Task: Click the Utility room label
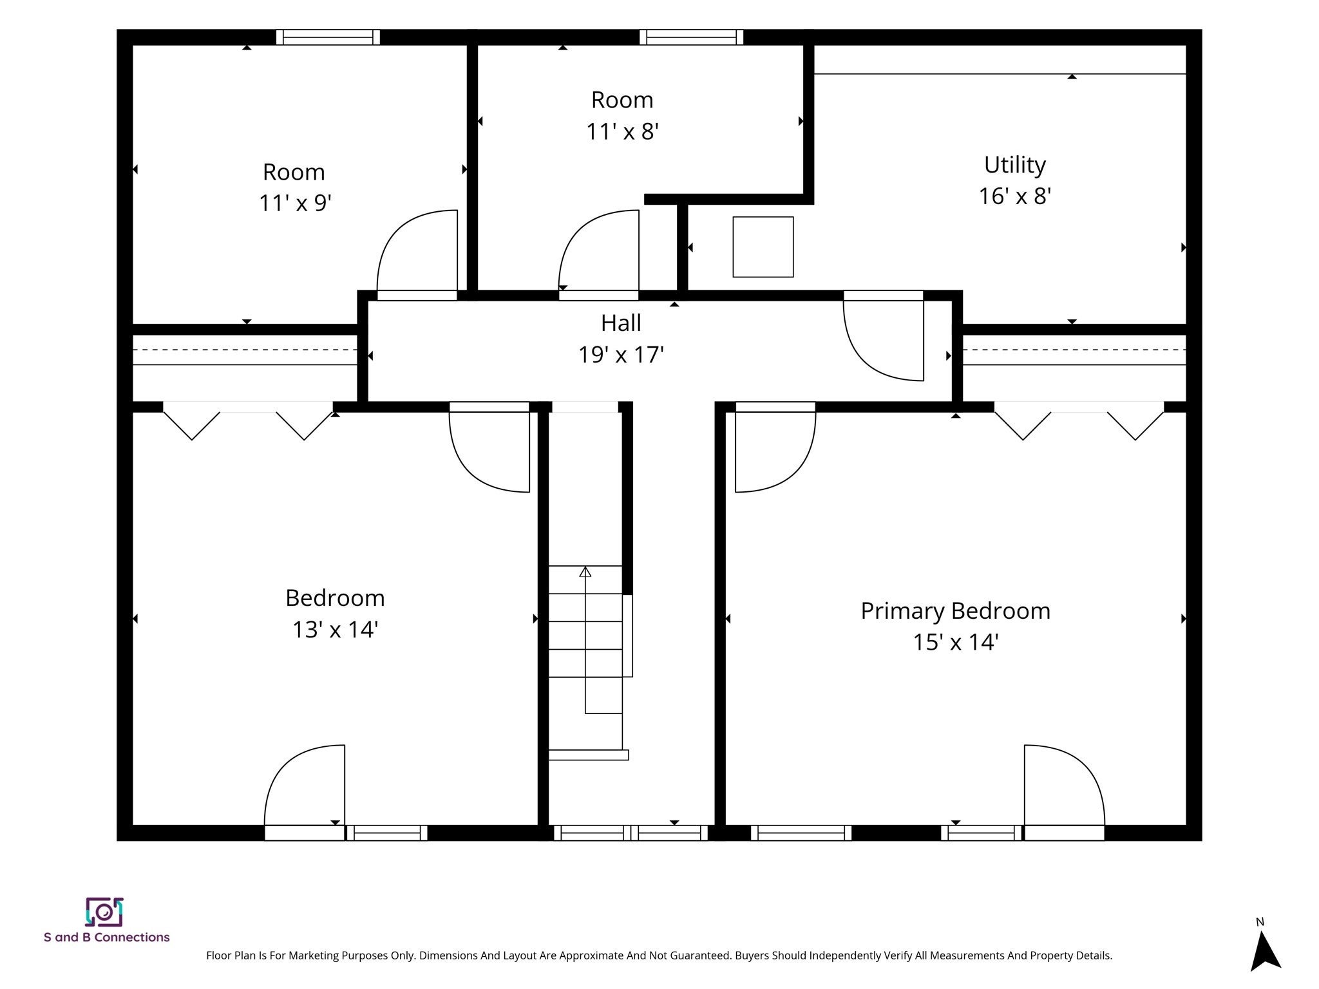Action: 1014,165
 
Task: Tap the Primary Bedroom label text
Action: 955,611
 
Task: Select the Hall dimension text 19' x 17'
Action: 621,355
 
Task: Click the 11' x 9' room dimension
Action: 295,203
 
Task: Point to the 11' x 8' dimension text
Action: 622,132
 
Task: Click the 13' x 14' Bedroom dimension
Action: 335,629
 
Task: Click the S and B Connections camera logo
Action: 104,912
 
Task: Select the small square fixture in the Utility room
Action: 763,247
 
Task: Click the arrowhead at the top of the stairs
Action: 585,571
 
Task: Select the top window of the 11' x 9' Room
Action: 328,37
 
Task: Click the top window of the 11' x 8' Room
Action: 691,37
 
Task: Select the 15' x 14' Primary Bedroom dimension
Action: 956,642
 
